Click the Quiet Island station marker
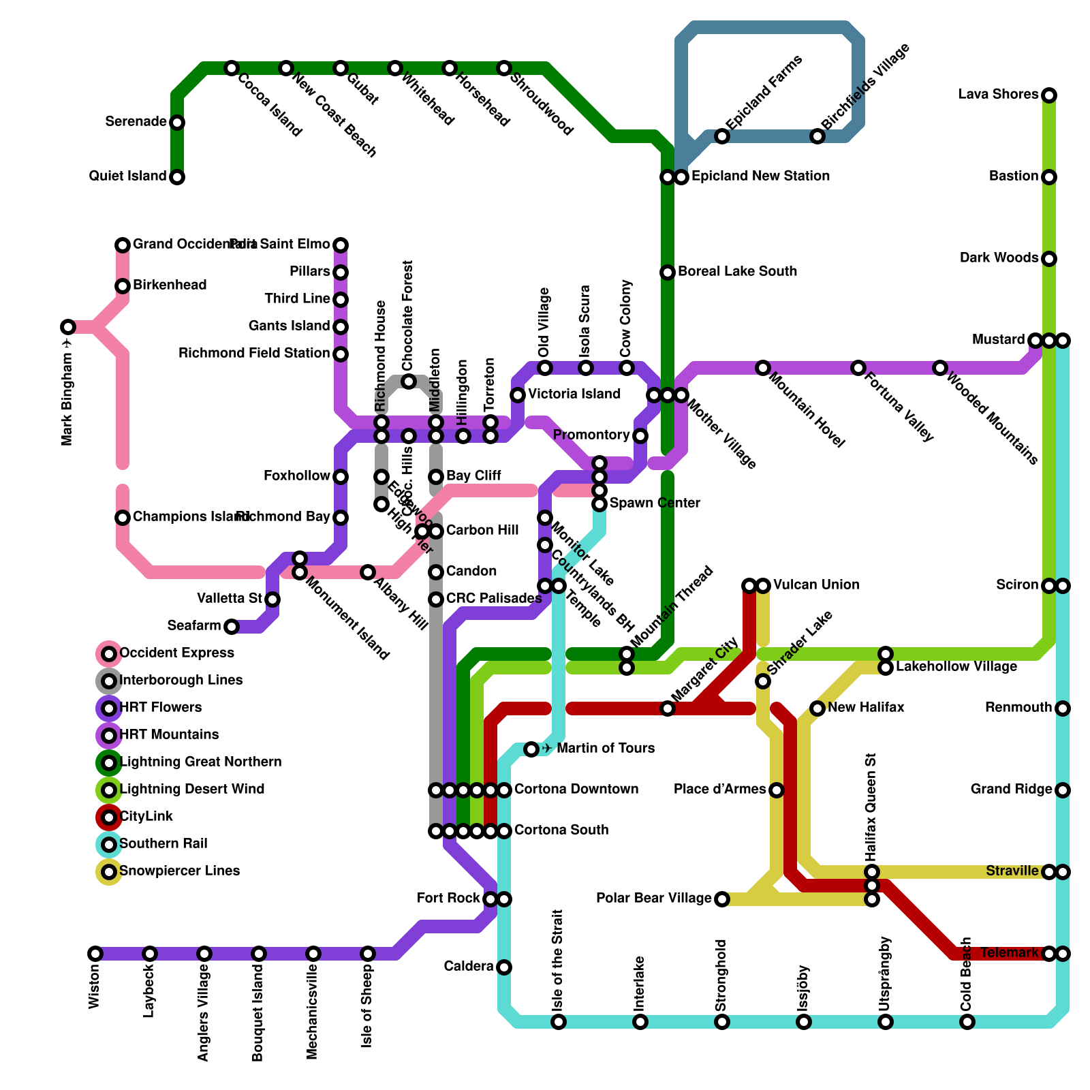click(177, 177)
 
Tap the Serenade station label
click(136, 122)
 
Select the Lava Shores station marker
click(1049, 95)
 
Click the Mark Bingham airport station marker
click(67, 327)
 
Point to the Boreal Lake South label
click(737, 271)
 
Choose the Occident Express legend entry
click(176, 653)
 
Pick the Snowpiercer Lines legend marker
click(109, 872)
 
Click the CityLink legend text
click(146, 816)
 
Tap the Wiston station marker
click(95, 954)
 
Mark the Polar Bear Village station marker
click(722, 899)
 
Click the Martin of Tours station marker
click(531, 749)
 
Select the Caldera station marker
click(504, 967)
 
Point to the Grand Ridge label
click(1012, 790)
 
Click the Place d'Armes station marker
click(777, 790)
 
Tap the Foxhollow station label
click(297, 476)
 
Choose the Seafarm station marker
click(232, 627)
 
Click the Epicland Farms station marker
click(722, 136)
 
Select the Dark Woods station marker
click(1049, 259)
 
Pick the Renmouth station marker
click(1063, 708)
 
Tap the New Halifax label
click(866, 708)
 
